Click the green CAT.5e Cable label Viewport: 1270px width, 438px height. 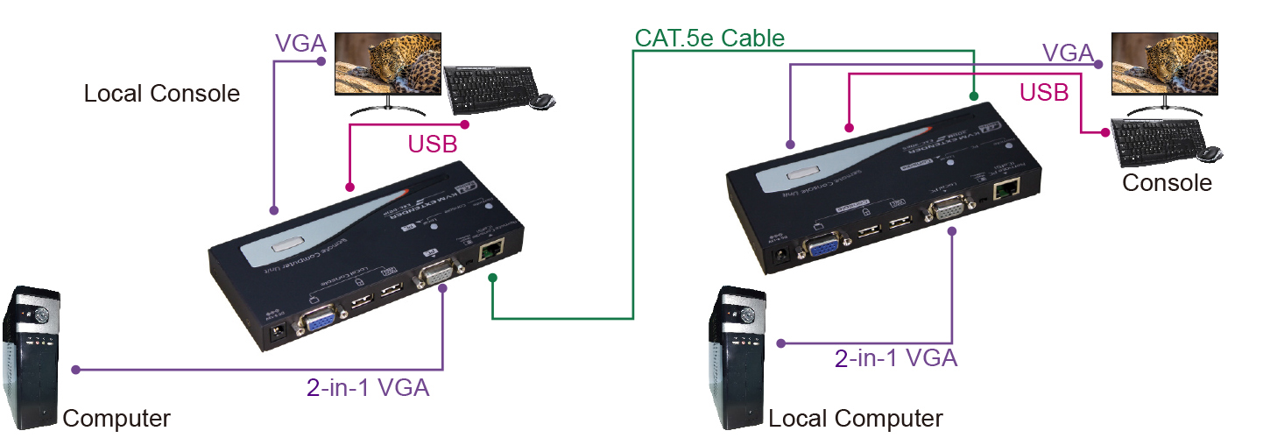(709, 38)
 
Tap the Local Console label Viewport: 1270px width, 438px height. (161, 94)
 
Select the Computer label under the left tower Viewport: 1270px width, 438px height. (116, 418)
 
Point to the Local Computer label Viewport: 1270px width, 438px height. (856, 418)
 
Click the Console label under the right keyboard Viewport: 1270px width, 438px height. (1167, 183)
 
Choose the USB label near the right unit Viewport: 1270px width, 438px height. (1044, 92)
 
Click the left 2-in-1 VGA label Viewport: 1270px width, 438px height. (369, 387)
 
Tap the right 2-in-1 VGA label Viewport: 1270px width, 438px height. (896, 357)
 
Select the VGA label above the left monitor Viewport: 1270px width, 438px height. (301, 43)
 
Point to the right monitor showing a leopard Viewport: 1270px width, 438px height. (1164, 68)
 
